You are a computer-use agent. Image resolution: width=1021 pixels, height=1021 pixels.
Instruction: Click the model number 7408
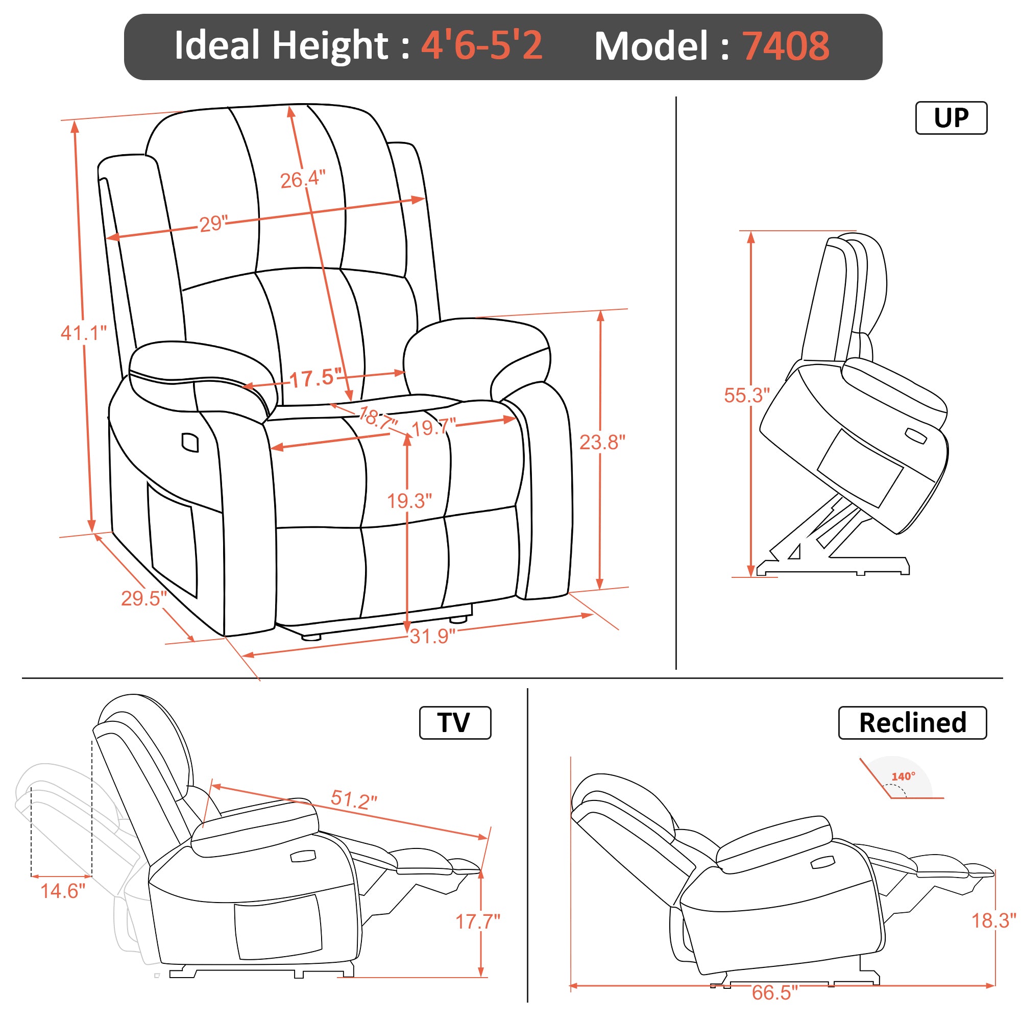(x=786, y=46)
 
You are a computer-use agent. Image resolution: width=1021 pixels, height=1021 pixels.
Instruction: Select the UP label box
(x=951, y=118)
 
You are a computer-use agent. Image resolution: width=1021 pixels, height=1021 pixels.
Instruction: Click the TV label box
(x=455, y=722)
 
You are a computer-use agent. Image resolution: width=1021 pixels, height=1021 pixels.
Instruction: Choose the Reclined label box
(x=912, y=722)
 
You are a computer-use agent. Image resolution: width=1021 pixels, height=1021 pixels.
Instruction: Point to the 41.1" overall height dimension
(x=84, y=333)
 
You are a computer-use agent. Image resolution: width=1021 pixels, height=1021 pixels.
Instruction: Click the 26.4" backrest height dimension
(x=303, y=179)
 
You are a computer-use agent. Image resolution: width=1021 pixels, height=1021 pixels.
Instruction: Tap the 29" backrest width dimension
(x=213, y=224)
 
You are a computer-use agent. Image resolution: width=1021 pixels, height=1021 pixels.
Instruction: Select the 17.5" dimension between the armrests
(x=315, y=378)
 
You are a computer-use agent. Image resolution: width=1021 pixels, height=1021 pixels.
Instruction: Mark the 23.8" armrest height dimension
(x=602, y=442)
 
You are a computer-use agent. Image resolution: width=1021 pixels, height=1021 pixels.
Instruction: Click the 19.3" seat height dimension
(x=409, y=500)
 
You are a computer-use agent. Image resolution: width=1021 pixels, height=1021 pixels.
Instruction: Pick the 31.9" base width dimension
(x=432, y=636)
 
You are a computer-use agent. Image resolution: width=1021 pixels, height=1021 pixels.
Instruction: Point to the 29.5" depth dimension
(x=144, y=598)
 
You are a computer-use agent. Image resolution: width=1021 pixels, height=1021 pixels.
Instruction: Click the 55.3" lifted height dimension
(x=747, y=395)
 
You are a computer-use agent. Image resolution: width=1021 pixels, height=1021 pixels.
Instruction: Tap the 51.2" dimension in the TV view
(x=354, y=799)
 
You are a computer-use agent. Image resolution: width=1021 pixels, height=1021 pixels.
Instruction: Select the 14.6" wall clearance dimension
(x=63, y=891)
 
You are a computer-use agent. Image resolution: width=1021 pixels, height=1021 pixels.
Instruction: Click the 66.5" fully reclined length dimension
(x=775, y=992)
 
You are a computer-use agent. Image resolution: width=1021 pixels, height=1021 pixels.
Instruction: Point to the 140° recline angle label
(x=903, y=776)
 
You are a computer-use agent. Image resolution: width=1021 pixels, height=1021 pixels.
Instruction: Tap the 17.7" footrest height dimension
(x=478, y=921)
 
